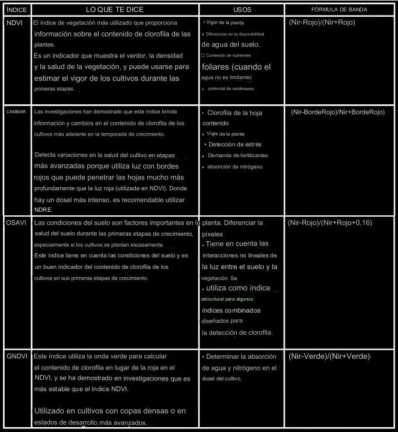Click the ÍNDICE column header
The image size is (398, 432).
click(15, 11)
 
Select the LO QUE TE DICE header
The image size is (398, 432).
click(115, 11)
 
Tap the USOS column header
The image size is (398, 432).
click(242, 11)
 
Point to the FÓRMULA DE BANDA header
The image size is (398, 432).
click(340, 11)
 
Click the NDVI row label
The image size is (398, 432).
click(15, 23)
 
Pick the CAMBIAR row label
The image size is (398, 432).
click(16, 112)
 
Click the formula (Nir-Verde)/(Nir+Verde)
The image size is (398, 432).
click(329, 356)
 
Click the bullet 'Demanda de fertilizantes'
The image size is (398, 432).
click(237, 155)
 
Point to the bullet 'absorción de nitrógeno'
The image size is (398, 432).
click(234, 166)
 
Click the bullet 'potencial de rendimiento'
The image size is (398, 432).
click(231, 89)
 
